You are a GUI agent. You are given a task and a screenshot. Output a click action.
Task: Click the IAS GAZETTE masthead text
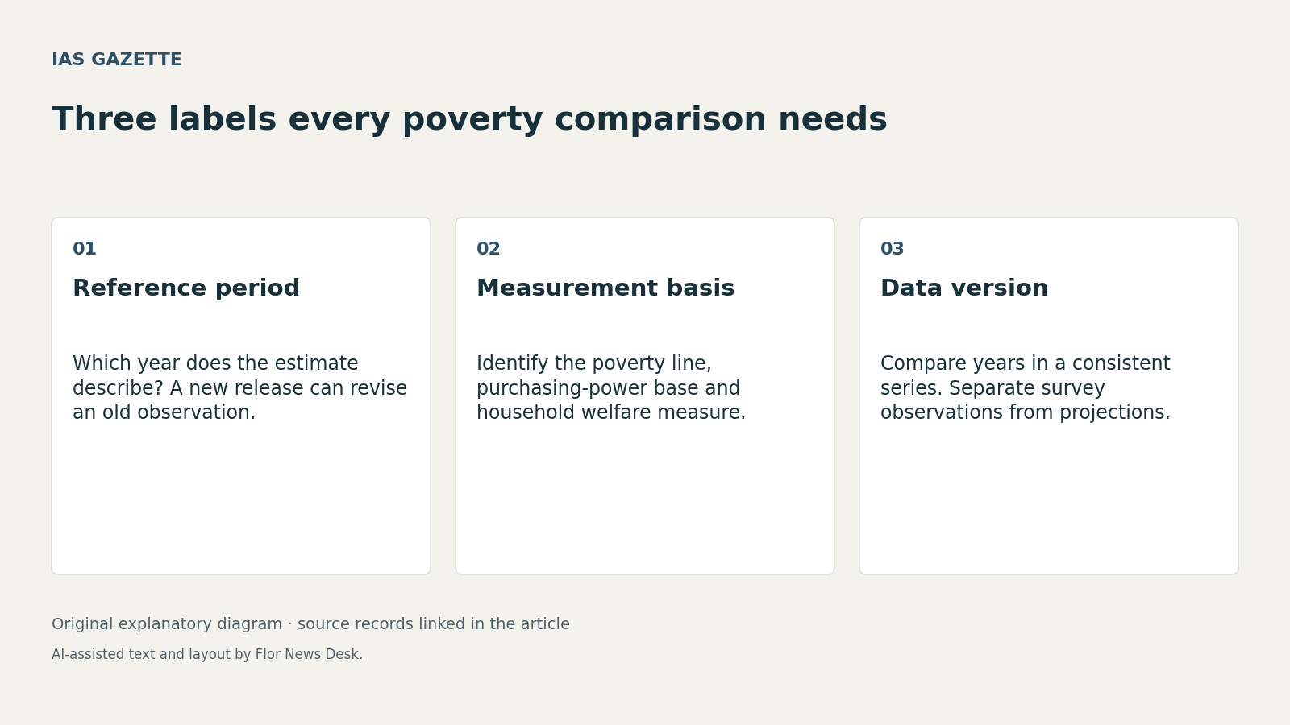[x=116, y=60]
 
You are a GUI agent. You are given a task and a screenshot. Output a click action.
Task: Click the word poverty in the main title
[x=472, y=120]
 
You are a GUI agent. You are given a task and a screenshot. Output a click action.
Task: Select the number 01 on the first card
[x=84, y=249]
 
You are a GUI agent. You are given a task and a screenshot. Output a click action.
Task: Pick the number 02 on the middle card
[x=489, y=249]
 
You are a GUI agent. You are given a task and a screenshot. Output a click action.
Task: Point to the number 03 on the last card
[x=892, y=249]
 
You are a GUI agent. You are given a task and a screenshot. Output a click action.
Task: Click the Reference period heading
[x=186, y=288]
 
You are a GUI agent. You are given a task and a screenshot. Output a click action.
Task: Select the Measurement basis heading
[x=605, y=288]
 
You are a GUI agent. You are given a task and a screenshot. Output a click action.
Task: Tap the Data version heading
[x=964, y=288]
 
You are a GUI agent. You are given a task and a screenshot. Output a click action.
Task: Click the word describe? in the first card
[x=118, y=388]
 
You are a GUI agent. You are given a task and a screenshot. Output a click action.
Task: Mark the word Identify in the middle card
[x=512, y=363]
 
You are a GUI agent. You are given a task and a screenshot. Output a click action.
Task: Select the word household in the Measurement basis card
[x=526, y=412]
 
